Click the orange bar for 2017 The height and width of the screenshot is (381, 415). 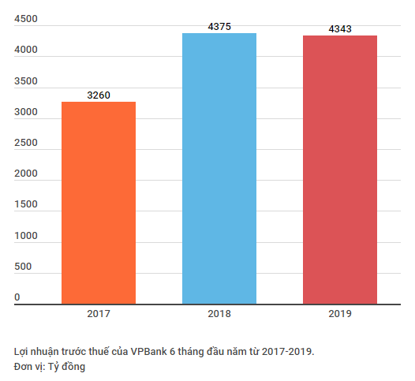pyautogui.click(x=99, y=203)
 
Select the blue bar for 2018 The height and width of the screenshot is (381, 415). pyautogui.click(x=219, y=168)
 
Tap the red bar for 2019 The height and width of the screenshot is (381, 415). pyautogui.click(x=340, y=170)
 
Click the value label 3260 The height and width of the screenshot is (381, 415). pyautogui.click(x=99, y=95)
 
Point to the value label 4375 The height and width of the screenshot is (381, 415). pyautogui.click(x=219, y=27)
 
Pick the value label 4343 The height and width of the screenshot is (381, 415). pyautogui.click(x=340, y=29)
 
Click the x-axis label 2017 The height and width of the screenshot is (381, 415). pyautogui.click(x=99, y=314)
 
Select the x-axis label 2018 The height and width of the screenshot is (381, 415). pyautogui.click(x=219, y=314)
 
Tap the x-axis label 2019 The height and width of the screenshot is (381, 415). pyautogui.click(x=340, y=314)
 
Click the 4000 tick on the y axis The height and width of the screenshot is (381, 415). pyautogui.click(x=26, y=51)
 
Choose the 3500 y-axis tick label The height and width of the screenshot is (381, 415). pyautogui.click(x=26, y=82)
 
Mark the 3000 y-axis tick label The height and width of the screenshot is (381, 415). pyautogui.click(x=26, y=113)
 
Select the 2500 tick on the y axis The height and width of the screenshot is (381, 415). pyautogui.click(x=26, y=144)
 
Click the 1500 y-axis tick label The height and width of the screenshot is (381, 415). pyautogui.click(x=26, y=205)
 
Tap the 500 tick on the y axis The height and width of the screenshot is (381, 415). pyautogui.click(x=23, y=267)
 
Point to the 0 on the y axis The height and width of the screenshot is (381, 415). pyautogui.click(x=17, y=297)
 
